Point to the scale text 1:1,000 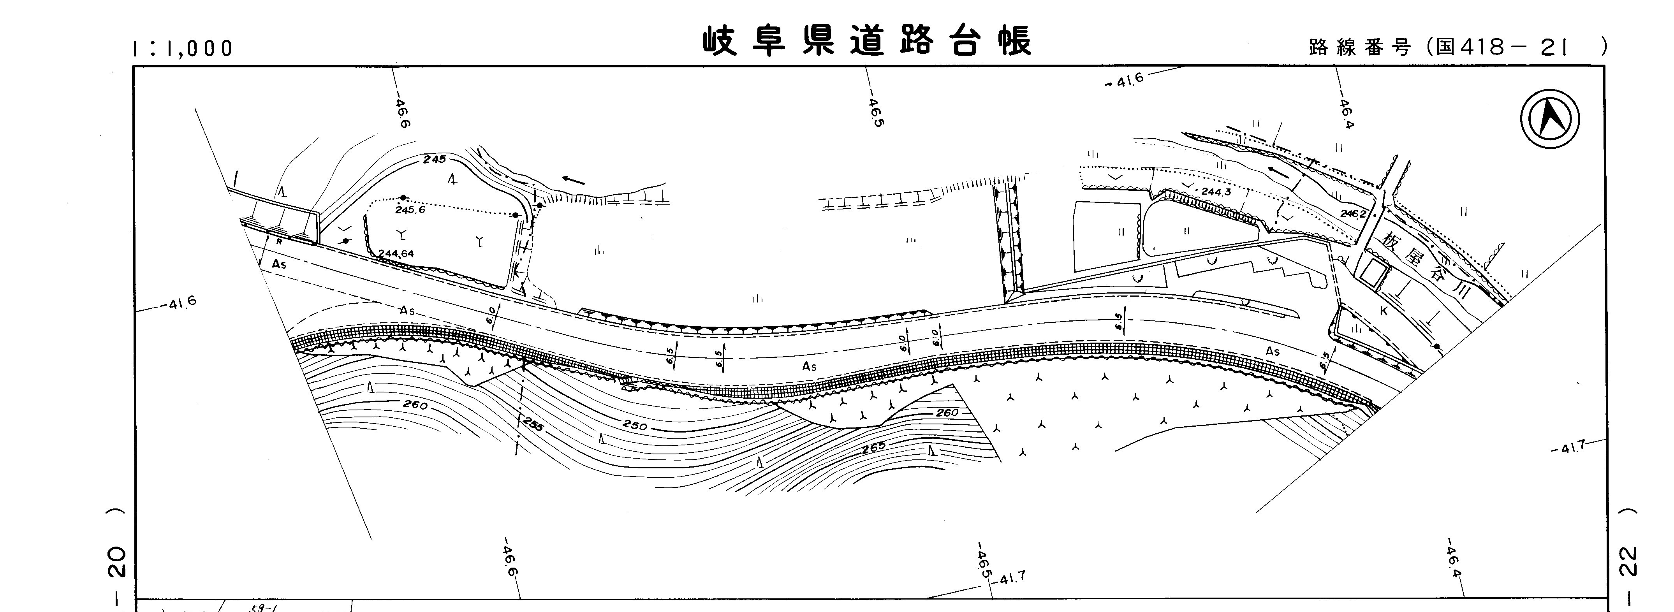(183, 48)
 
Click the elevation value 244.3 (1216, 192)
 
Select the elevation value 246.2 (1353, 213)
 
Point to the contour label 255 (533, 426)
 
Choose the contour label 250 (635, 426)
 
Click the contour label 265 (873, 448)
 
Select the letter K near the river (1384, 311)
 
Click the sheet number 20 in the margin (116, 562)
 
